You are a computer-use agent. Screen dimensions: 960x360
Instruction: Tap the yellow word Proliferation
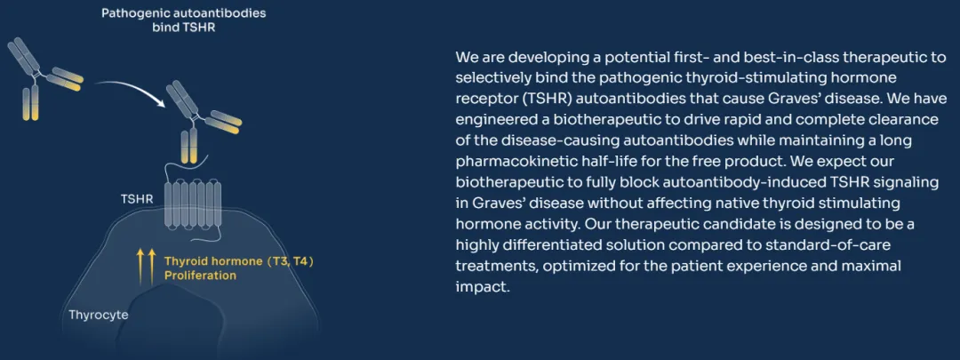pos(200,276)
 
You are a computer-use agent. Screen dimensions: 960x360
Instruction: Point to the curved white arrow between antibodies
pos(131,90)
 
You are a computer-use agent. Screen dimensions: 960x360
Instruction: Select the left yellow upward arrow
pos(140,267)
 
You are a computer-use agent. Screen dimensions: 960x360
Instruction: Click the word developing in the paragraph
pos(544,58)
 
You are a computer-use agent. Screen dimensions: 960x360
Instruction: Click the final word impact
pos(483,287)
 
